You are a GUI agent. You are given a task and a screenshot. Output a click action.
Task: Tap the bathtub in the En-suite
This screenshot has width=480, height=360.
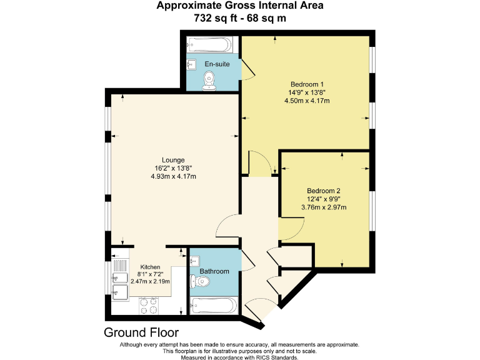point(210,45)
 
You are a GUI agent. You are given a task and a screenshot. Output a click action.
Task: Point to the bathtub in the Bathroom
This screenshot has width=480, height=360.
point(214,306)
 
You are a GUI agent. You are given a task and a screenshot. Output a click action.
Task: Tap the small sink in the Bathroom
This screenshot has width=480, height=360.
point(194,261)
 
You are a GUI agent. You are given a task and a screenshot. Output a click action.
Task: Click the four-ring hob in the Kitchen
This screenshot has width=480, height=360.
point(149,305)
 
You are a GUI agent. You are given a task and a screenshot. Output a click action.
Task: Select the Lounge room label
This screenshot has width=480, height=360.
point(173,160)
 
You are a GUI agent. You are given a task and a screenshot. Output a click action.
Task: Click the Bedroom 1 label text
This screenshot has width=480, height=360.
point(307,84)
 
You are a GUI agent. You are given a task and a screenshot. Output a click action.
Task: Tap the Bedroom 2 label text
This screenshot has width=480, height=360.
point(323,191)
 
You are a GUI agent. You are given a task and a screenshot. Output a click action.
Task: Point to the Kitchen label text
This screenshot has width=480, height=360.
point(150,267)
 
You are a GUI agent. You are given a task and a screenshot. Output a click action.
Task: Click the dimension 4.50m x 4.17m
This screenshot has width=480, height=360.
point(307,101)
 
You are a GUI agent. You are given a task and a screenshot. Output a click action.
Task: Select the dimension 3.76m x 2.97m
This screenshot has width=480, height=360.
point(324,207)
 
